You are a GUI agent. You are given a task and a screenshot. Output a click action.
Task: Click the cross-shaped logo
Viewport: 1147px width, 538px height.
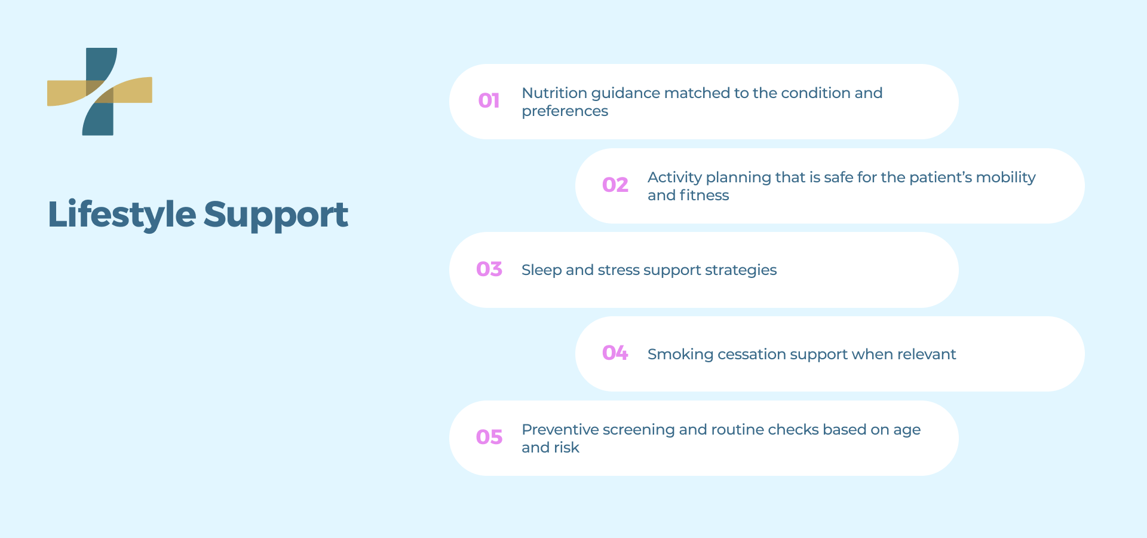click(99, 91)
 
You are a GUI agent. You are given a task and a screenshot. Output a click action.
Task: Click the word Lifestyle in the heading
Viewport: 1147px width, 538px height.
click(122, 215)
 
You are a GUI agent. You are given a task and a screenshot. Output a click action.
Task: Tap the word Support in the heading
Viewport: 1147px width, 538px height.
click(276, 215)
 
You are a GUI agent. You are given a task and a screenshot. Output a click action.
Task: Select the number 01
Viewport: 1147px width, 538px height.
click(489, 100)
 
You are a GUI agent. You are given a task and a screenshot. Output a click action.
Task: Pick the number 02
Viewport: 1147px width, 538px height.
click(615, 185)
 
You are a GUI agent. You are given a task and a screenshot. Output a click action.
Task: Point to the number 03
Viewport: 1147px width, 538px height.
click(489, 269)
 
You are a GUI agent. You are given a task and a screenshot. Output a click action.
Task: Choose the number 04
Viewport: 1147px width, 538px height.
click(615, 353)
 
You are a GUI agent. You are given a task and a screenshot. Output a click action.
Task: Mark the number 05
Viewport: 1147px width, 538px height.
click(489, 437)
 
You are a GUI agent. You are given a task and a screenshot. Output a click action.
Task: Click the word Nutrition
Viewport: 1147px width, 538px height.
click(554, 93)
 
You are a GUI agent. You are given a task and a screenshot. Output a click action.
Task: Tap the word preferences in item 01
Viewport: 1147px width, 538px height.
click(565, 112)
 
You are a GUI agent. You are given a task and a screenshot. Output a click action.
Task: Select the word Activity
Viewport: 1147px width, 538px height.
click(674, 178)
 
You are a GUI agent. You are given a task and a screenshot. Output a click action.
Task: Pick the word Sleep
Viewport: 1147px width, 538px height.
click(541, 271)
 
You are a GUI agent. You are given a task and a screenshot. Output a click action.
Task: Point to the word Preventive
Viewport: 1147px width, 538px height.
click(560, 430)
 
